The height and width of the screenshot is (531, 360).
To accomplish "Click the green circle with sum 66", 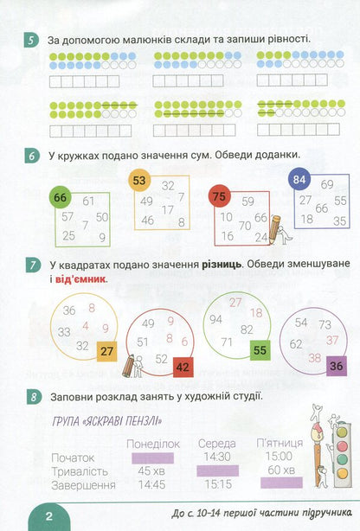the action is (x=60, y=197).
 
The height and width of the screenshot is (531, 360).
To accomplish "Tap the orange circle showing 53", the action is (x=139, y=180).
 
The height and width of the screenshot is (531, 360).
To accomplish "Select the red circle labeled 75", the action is (x=219, y=195).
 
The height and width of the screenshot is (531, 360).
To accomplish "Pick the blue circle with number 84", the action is (x=299, y=180).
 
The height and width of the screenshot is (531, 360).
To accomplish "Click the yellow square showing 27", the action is (x=106, y=351).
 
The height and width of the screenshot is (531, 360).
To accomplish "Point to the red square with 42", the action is (x=183, y=367).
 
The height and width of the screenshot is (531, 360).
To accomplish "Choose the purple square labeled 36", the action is (x=337, y=366).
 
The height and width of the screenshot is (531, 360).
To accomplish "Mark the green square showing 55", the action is (x=260, y=350).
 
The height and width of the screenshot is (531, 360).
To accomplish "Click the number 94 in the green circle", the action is (x=215, y=319).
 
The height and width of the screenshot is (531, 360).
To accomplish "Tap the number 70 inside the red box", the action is (x=245, y=226).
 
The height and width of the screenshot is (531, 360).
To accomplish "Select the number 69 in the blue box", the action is (x=327, y=184).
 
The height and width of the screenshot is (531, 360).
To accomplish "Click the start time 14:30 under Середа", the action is (x=217, y=457).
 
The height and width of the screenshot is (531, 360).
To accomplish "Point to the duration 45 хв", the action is (x=151, y=470).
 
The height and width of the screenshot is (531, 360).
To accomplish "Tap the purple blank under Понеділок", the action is (x=152, y=458).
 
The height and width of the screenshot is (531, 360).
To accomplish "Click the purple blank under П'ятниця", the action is (x=281, y=483).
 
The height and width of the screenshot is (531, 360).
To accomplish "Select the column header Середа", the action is (x=217, y=444).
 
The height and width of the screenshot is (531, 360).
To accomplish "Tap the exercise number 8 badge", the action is (x=34, y=397).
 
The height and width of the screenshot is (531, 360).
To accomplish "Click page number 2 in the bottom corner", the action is (x=49, y=516).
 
